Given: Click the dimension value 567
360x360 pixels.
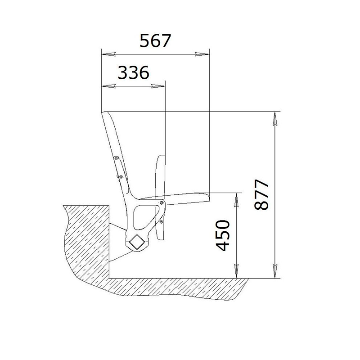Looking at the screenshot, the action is (x=155, y=41).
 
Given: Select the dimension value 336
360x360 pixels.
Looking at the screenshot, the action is (x=133, y=72).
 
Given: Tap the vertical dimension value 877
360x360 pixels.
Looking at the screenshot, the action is (x=261, y=195).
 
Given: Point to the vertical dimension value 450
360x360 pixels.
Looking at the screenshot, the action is (x=223, y=235).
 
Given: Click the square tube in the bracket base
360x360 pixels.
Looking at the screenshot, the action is (x=137, y=242).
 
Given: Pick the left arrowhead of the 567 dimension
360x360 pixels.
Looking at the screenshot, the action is (x=108, y=54).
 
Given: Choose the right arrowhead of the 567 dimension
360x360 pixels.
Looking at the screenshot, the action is (x=202, y=54).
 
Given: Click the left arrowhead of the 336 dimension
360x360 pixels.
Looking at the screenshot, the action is (x=108, y=86).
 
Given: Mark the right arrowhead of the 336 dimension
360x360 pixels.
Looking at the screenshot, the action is (x=158, y=86).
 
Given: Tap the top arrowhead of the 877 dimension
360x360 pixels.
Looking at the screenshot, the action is (x=275, y=119).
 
